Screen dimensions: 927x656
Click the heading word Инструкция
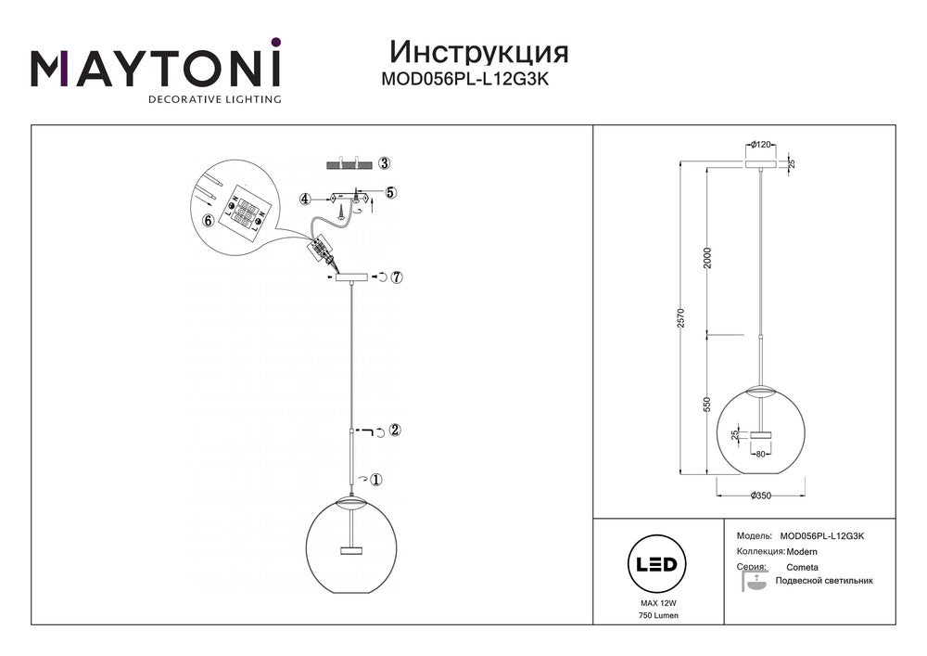click(479, 52)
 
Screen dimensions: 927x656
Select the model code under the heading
click(464, 79)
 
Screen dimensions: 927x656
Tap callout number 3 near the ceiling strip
click(385, 163)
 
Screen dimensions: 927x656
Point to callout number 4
click(305, 199)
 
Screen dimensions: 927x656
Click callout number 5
click(391, 192)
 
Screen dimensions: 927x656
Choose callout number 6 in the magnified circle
click(207, 221)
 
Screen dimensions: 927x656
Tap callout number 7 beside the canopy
click(397, 277)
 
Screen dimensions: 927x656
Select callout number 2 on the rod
click(396, 430)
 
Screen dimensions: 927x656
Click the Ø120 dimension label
click(761, 145)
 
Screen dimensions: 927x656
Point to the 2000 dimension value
click(708, 257)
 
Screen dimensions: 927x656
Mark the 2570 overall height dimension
click(681, 318)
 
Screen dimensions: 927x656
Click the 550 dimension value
click(708, 404)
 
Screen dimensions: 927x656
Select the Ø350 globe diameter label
click(761, 495)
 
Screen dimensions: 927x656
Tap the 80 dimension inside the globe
click(761, 455)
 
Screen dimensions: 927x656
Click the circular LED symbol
click(657, 564)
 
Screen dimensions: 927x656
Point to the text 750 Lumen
click(658, 616)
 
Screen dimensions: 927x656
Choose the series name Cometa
click(802, 567)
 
